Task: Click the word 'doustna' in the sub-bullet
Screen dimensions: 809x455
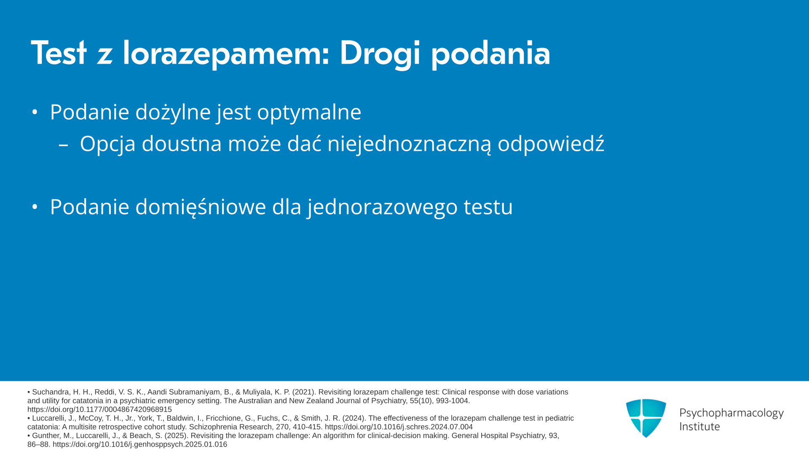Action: click(x=182, y=144)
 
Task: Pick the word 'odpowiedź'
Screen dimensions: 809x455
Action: click(x=551, y=144)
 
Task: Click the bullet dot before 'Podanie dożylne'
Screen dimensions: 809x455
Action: click(x=35, y=112)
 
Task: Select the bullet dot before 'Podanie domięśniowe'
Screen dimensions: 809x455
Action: click(x=35, y=207)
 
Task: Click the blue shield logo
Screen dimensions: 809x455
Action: click(x=646, y=418)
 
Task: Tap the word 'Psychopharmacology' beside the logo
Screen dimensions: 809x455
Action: click(x=731, y=413)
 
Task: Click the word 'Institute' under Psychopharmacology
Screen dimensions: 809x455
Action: click(x=700, y=426)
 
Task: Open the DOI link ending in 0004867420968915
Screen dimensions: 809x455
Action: click(x=99, y=409)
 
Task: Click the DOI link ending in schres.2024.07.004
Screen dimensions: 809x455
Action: click(x=399, y=427)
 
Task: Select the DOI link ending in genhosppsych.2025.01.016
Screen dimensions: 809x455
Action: click(x=140, y=444)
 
